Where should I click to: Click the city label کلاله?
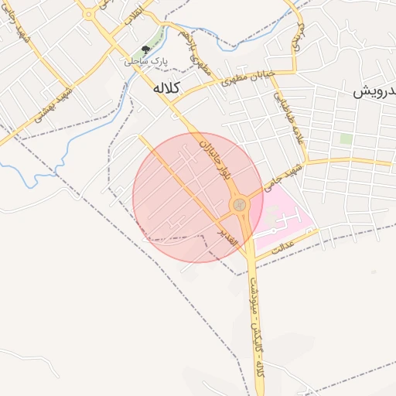click(167, 88)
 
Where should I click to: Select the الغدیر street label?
click(226, 231)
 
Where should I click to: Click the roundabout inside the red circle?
click(240, 204)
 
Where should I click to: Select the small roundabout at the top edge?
click(88, 13)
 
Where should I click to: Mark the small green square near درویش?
click(346, 139)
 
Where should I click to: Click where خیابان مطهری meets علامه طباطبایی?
click(294, 73)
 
